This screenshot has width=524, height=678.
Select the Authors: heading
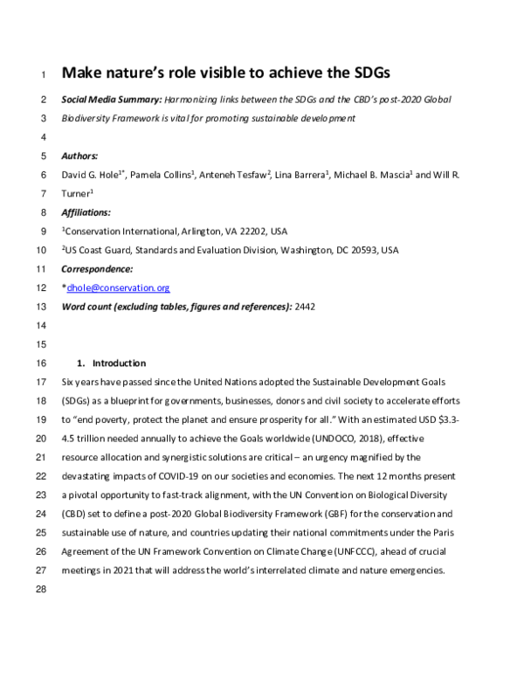pyautogui.click(x=80, y=156)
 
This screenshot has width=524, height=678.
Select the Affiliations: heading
pyautogui.click(x=86, y=213)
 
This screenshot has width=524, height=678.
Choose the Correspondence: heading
pyautogui.click(x=97, y=269)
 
